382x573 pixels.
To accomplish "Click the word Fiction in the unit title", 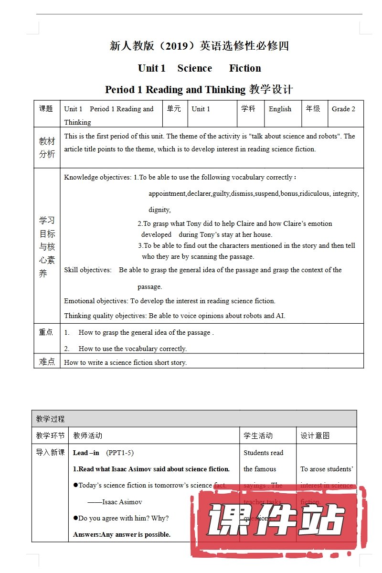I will point(245,68).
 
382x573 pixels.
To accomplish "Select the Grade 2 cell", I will point(343,109).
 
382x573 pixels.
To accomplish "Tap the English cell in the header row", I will point(280,109).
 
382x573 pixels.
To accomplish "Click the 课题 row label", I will point(46,109).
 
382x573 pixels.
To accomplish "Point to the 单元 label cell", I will point(174,109).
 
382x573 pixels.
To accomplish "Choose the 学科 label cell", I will point(248,109).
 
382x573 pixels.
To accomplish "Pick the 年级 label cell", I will point(313,109).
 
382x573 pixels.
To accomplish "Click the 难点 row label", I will point(46,361).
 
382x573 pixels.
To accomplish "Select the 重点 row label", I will point(46,332).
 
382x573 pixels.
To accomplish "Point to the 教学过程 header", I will point(50,419).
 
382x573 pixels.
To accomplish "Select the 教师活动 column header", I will point(87,435).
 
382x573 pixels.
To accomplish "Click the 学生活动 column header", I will point(258,435).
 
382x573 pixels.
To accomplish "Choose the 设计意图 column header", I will point(315,435).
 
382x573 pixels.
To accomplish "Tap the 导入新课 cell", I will point(50,452).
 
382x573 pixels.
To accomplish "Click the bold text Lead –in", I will point(86,453).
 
